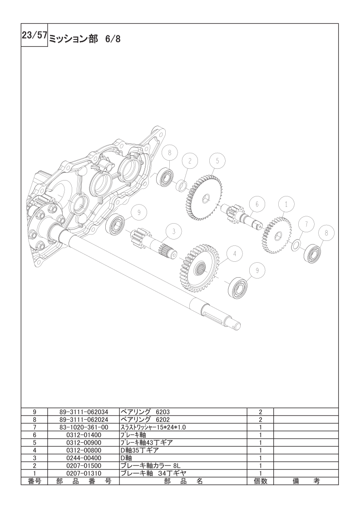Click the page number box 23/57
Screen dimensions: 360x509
tap(35, 35)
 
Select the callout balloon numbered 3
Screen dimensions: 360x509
tap(174, 231)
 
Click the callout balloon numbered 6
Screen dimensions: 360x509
tap(257, 205)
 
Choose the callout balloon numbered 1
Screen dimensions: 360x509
tap(286, 205)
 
